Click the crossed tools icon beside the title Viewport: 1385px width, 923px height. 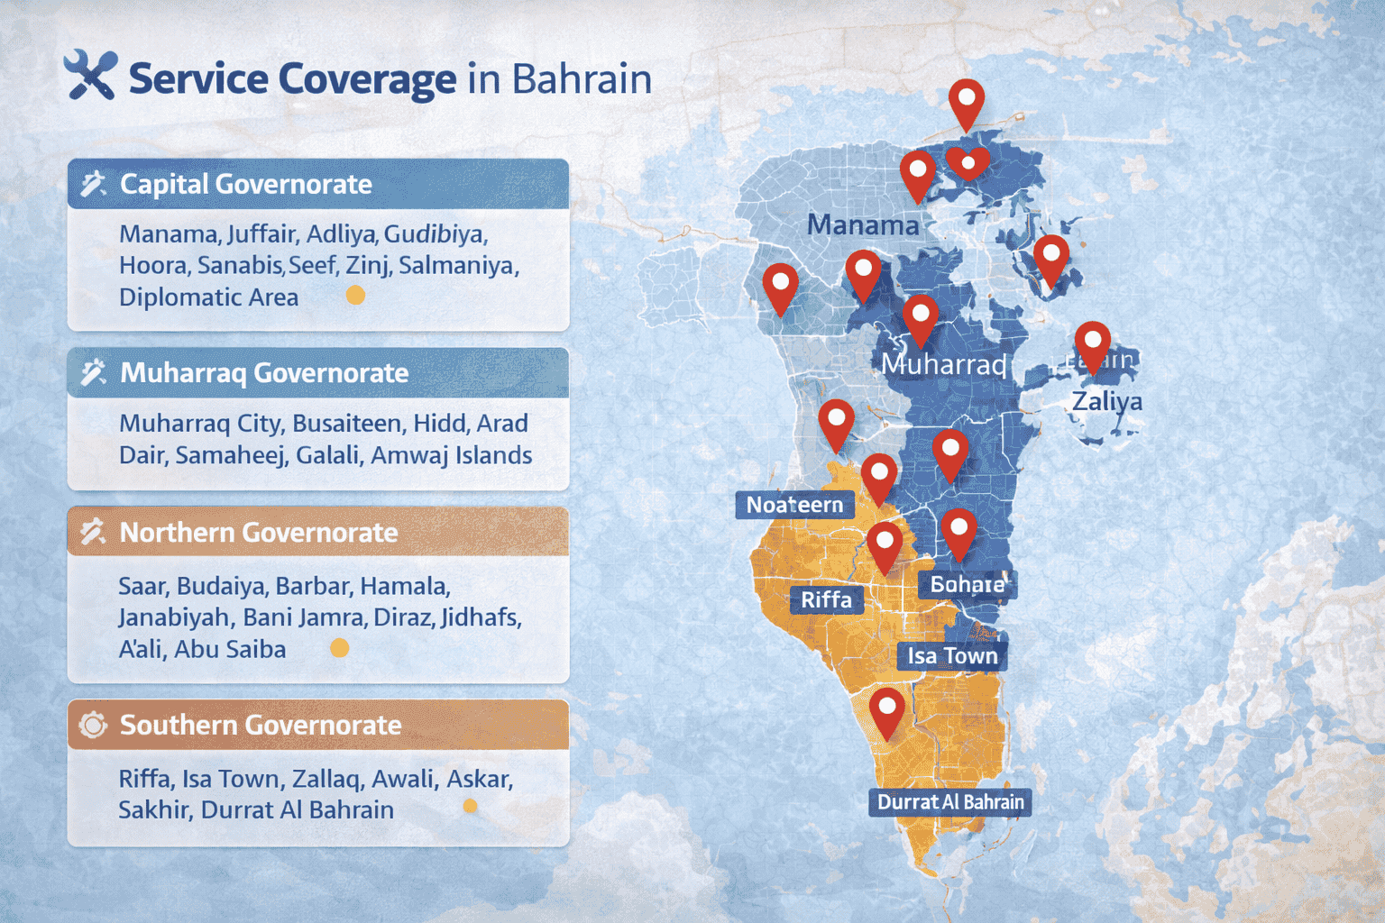(90, 75)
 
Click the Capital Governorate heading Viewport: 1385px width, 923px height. (245, 184)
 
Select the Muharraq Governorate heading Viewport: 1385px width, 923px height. (263, 372)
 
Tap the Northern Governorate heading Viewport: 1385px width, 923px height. (258, 532)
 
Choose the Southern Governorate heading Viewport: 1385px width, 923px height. (260, 725)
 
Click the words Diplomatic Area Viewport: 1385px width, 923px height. (208, 297)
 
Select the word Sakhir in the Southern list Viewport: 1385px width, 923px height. (154, 809)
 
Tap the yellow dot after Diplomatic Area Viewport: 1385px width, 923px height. (356, 296)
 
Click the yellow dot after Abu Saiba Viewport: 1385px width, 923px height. (339, 648)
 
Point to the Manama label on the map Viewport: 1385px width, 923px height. (862, 224)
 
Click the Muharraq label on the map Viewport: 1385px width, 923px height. (943, 364)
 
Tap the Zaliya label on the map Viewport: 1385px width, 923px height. (1106, 400)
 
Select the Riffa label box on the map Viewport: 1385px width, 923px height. (826, 599)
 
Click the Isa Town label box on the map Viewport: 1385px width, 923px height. (952, 655)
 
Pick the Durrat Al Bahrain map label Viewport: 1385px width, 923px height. (950, 802)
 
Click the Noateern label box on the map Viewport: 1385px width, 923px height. (794, 505)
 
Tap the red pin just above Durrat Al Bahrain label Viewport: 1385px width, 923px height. (886, 712)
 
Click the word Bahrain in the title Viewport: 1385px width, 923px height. (582, 78)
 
